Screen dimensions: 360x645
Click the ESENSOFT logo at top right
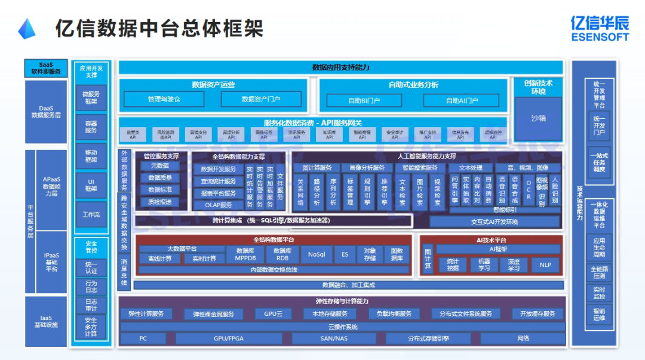(599, 28)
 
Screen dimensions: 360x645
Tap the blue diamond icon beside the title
(27, 29)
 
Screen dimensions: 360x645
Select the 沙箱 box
(538, 118)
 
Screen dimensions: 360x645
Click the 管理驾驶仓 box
(164, 99)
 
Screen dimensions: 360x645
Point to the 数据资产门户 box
(261, 99)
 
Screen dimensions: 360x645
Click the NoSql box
(317, 254)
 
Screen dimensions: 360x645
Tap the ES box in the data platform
(345, 254)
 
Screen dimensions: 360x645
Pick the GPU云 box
(273, 313)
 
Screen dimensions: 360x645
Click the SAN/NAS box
(333, 339)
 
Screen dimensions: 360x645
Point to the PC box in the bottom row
(143, 339)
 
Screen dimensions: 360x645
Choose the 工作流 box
(91, 214)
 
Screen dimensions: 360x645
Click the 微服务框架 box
(91, 97)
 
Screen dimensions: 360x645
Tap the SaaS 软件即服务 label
(46, 68)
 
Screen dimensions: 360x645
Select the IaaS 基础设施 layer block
(46, 321)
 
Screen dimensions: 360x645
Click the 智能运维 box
(599, 315)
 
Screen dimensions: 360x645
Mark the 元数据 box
(159, 165)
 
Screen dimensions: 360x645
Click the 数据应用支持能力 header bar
(340, 67)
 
